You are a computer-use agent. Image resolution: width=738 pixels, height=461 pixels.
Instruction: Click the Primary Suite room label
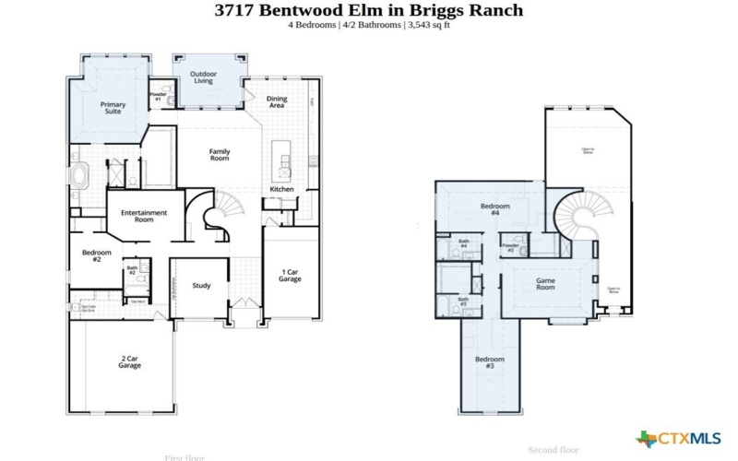[x=113, y=108]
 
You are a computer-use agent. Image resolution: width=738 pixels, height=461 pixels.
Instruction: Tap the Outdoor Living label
[x=203, y=77]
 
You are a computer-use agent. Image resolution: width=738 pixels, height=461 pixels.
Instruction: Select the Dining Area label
[x=276, y=101]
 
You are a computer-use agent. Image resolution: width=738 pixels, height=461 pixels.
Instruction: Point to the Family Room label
[x=219, y=155]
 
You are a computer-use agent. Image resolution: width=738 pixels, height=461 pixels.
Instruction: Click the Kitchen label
[x=281, y=189]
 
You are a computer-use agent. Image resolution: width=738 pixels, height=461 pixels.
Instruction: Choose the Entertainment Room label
[x=144, y=216]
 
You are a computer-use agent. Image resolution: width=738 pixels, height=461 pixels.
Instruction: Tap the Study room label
[x=201, y=286]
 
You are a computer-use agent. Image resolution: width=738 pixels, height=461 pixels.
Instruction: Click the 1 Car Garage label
[x=290, y=275]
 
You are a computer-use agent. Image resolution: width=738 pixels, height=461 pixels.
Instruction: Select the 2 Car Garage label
[x=129, y=362]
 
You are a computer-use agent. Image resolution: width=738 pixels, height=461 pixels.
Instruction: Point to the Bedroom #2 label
[x=96, y=255]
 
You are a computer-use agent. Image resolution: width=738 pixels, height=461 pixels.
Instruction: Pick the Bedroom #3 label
[x=489, y=362]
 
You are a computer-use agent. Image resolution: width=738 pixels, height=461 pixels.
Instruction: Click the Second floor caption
[x=553, y=450]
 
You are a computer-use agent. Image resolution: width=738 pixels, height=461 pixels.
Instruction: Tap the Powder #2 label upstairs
[x=509, y=248]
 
